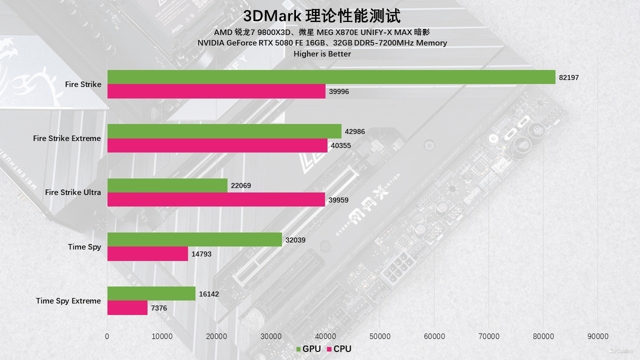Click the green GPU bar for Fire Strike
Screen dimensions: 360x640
[331, 77]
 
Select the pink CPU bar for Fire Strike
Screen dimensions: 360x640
[216, 91]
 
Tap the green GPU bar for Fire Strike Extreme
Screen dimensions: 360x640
[224, 131]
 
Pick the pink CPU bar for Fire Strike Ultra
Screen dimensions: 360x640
[216, 199]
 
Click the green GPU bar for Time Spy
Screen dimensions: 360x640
[194, 239]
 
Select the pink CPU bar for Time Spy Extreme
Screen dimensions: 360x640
[127, 308]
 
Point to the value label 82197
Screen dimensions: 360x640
[569, 77]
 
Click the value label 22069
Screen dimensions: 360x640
[241, 185]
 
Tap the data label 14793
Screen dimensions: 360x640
[201, 254]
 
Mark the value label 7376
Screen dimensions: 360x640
[159, 308]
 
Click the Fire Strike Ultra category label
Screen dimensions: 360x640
[73, 192]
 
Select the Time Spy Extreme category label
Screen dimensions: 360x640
[68, 301]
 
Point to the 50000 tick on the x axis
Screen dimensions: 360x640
[379, 336]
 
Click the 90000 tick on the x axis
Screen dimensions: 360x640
[598, 336]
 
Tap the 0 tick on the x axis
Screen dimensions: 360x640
[107, 336]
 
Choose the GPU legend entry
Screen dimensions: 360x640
[308, 349]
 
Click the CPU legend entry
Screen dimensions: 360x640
[339, 349]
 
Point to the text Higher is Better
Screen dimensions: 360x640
[322, 53]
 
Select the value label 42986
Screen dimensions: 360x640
[355, 131]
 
